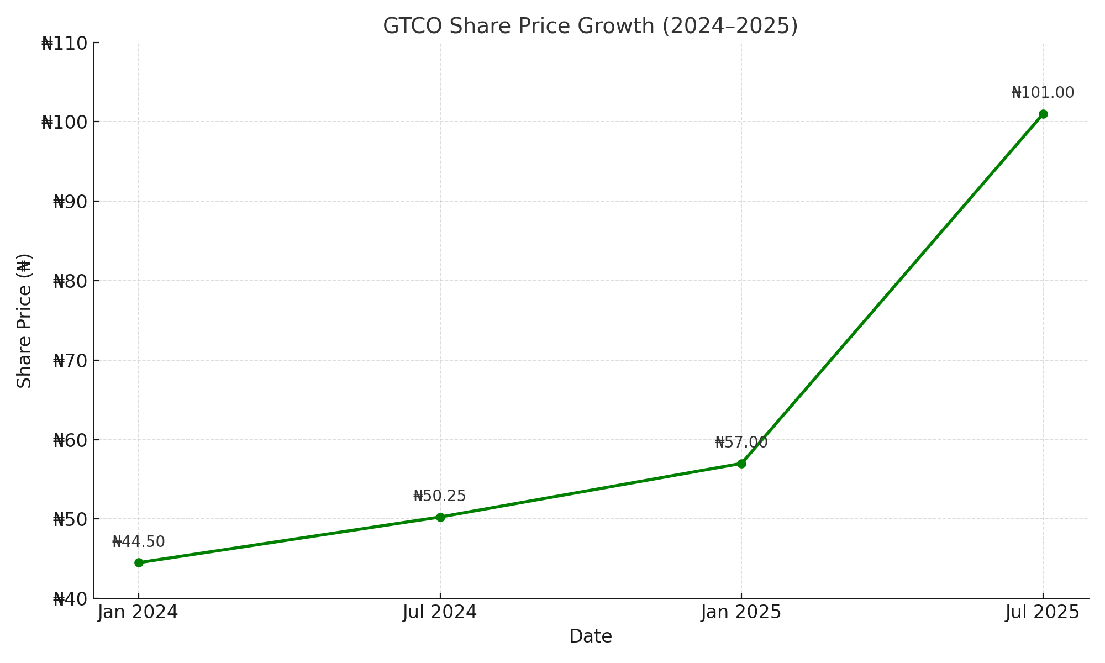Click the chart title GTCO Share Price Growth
click(x=590, y=26)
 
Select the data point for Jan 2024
click(x=139, y=562)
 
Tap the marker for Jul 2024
click(x=440, y=517)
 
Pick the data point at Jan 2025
click(x=741, y=464)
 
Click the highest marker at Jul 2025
click(x=1043, y=114)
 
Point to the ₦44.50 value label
click(x=139, y=542)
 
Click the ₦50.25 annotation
click(x=440, y=496)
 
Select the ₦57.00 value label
click(x=741, y=443)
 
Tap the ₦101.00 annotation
click(x=1043, y=93)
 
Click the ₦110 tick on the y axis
click(x=65, y=43)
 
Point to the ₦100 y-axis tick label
click(x=65, y=122)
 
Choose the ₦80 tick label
click(x=70, y=281)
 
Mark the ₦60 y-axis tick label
click(x=70, y=440)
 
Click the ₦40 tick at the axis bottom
click(x=70, y=599)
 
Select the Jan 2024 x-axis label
click(x=138, y=612)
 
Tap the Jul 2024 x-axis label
click(x=440, y=612)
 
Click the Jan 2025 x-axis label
click(x=741, y=612)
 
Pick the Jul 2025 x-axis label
click(x=1042, y=612)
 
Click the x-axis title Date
click(x=590, y=636)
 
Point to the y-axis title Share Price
click(x=24, y=320)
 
